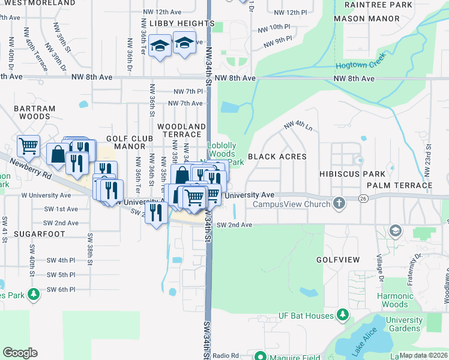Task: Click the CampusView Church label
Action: [291, 205]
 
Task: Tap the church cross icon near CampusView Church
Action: [339, 203]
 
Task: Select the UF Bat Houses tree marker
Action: [343, 314]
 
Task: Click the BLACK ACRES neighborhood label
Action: [277, 157]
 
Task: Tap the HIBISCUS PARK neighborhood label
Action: [360, 173]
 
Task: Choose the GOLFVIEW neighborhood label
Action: [338, 260]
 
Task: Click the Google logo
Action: [20, 353]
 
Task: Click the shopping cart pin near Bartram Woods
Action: [28, 146]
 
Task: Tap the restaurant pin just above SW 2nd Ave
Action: [156, 212]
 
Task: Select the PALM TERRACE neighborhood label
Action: [400, 185]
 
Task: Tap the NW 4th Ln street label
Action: [298, 126]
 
